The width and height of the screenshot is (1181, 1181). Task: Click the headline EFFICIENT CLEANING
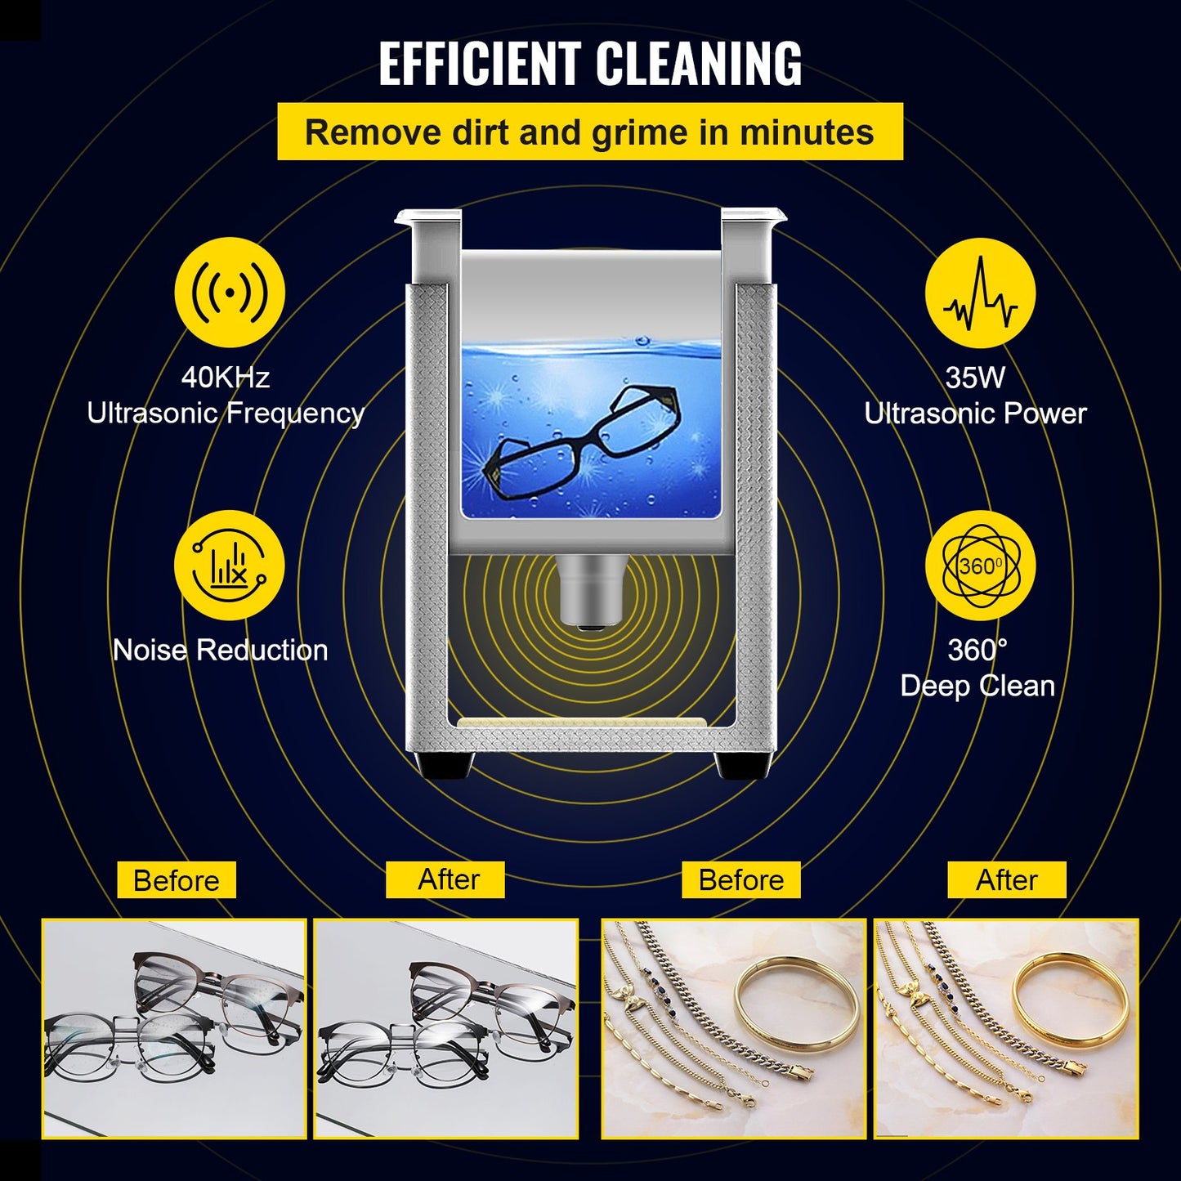pyautogui.click(x=590, y=64)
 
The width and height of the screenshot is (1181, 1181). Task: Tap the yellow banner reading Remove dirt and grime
pyautogui.click(x=590, y=132)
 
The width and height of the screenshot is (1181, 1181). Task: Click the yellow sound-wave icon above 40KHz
pyautogui.click(x=230, y=293)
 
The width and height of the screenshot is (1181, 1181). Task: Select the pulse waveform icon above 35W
pyautogui.click(x=980, y=293)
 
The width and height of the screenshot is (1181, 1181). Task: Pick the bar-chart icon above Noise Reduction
pyautogui.click(x=230, y=566)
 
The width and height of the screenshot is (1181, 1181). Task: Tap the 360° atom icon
pyautogui.click(x=980, y=566)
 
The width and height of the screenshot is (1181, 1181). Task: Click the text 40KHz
pyautogui.click(x=225, y=378)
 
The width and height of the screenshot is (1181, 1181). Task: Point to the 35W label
pyautogui.click(x=975, y=378)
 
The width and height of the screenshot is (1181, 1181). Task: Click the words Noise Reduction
pyautogui.click(x=220, y=651)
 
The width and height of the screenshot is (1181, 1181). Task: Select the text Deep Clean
pyautogui.click(x=977, y=686)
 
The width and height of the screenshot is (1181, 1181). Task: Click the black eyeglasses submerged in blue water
pyautogui.click(x=582, y=442)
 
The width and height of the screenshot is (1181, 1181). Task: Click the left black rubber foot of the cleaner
pyautogui.click(x=445, y=766)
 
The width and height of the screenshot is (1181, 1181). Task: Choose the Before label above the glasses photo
pyautogui.click(x=176, y=880)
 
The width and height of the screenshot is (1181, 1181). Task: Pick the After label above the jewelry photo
pyautogui.click(x=1006, y=880)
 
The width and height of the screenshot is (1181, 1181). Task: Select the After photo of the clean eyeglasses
pyautogui.click(x=445, y=1028)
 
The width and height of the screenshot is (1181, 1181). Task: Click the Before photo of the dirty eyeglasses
pyautogui.click(x=174, y=1028)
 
